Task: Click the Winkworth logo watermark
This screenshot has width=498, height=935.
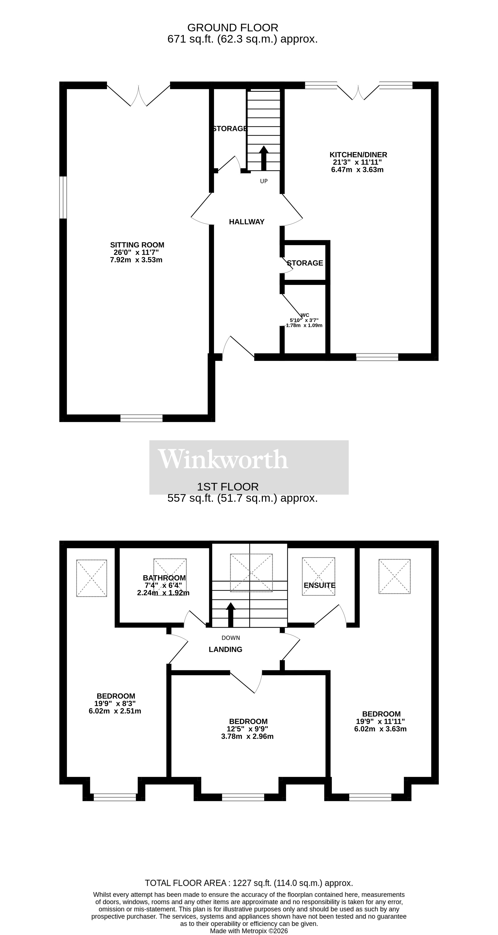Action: coord(223,459)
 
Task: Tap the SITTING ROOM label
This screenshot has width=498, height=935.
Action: coord(137,245)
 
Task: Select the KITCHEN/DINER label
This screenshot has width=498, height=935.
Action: coord(358,155)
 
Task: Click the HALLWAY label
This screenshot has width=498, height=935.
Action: coord(247,222)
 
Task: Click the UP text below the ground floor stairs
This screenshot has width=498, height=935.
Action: coord(264,181)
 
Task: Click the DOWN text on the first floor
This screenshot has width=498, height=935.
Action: coord(231,638)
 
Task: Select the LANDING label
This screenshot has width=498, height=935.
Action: coord(225,649)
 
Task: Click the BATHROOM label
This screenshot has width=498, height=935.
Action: coord(164,578)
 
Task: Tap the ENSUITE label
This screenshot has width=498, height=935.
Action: coord(319,585)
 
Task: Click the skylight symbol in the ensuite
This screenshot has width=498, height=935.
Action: coord(319,576)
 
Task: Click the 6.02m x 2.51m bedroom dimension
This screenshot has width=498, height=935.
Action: coord(115,711)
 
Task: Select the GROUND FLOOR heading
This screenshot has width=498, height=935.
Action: coord(233,28)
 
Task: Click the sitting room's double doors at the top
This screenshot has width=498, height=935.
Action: coord(138,95)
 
